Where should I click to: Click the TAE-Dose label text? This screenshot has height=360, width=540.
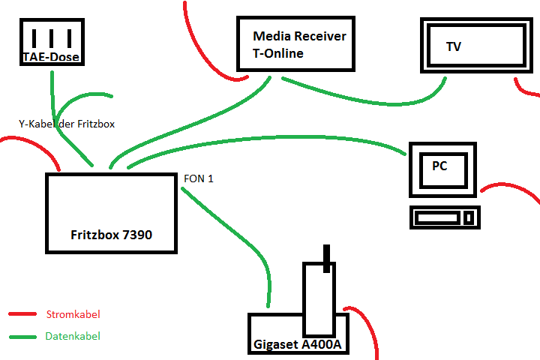point(51,57)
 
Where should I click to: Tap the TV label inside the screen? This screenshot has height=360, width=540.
point(454,46)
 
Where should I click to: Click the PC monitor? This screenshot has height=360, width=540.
point(442,168)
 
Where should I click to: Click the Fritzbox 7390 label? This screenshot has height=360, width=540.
point(111,235)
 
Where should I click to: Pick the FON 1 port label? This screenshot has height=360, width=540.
point(199,179)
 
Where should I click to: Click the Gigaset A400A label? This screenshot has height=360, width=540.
point(297,345)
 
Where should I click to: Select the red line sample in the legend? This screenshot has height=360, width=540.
point(22,314)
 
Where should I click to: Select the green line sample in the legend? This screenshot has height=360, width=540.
point(22,337)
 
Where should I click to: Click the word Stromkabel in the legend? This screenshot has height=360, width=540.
point(73,314)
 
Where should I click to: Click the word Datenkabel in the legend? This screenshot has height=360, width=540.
point(73,337)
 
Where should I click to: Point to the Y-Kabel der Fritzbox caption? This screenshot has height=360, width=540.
point(67,124)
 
